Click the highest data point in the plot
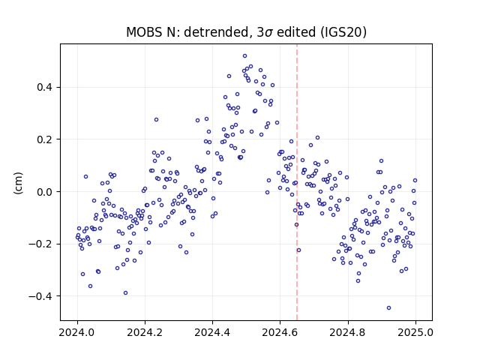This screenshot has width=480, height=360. coord(245,56)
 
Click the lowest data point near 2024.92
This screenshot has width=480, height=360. coord(388,308)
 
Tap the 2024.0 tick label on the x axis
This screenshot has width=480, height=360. coord(77,332)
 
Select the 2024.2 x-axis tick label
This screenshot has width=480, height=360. coord(145,332)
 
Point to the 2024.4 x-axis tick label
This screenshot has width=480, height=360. coord(212,332)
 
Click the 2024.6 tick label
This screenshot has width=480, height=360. coord(280,332)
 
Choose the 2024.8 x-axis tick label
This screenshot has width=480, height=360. coord(348,332)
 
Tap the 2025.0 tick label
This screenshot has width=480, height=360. coord(415,332)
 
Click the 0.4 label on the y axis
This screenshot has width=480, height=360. coord(44,88)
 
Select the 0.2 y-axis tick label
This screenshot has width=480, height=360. coord(44,139)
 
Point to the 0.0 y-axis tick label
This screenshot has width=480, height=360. coord(44,192)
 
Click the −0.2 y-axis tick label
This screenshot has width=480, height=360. coord(40,244)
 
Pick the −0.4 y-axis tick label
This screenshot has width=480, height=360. coord(40,296)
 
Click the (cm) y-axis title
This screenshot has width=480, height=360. coord(18,183)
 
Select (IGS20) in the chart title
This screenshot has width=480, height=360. coord(343,32)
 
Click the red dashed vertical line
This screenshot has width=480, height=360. coord(297,182)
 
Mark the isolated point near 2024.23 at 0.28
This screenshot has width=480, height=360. coord(156,120)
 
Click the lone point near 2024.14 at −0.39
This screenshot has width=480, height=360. coord(125,293)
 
